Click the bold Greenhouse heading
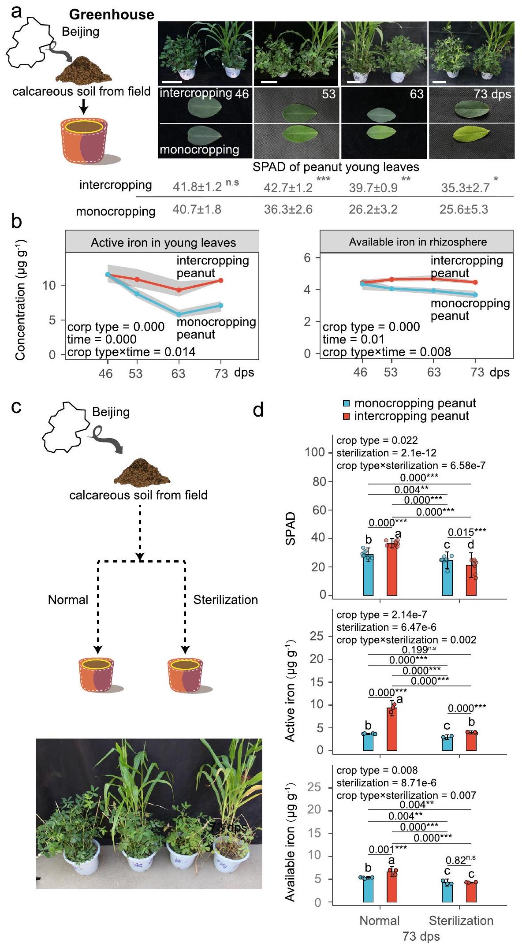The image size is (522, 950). pyautogui.click(x=112, y=15)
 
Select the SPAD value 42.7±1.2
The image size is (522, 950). pyautogui.click(x=288, y=188)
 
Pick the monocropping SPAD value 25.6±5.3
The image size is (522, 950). pyautogui.click(x=464, y=209)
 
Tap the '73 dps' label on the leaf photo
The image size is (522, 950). pyautogui.click(x=492, y=94)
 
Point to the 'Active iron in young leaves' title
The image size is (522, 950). pyautogui.click(x=163, y=242)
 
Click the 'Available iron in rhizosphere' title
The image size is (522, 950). pyautogui.click(x=418, y=242)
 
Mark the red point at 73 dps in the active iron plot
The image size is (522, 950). pyautogui.click(x=221, y=280)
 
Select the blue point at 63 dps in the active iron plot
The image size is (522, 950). pyautogui.click(x=179, y=314)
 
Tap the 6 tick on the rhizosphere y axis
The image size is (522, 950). pyautogui.click(x=307, y=258)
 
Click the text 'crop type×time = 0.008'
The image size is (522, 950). pyautogui.click(x=387, y=352)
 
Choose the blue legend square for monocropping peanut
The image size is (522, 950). pyautogui.click(x=347, y=403)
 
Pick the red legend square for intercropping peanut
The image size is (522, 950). pyautogui.click(x=347, y=416)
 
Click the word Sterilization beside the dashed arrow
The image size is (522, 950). pyautogui.click(x=225, y=600)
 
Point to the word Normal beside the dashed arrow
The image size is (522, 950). pyautogui.click(x=68, y=600)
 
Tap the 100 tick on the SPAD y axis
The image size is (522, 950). pyautogui.click(x=314, y=453)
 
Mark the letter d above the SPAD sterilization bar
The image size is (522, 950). pyautogui.click(x=471, y=545)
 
